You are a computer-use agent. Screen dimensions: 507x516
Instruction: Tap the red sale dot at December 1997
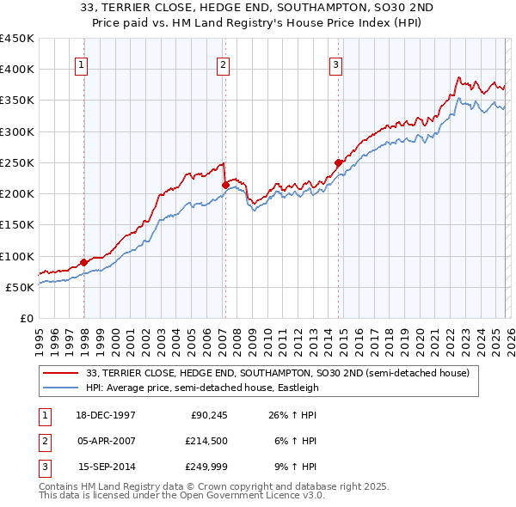click(x=83, y=262)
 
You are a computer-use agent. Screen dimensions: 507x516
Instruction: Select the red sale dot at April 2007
click(x=224, y=184)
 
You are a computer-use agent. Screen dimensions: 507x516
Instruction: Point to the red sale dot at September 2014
click(x=338, y=162)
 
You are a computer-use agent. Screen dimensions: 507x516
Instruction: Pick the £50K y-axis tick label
click(x=20, y=287)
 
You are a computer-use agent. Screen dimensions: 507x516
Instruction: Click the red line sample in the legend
click(x=62, y=374)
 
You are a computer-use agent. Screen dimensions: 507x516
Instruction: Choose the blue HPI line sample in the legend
click(x=62, y=388)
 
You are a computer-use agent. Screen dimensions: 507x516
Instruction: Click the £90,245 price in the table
click(x=207, y=415)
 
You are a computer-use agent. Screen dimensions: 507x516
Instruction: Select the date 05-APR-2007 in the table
click(x=107, y=441)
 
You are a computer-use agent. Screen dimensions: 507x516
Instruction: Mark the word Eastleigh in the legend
click(x=297, y=388)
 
